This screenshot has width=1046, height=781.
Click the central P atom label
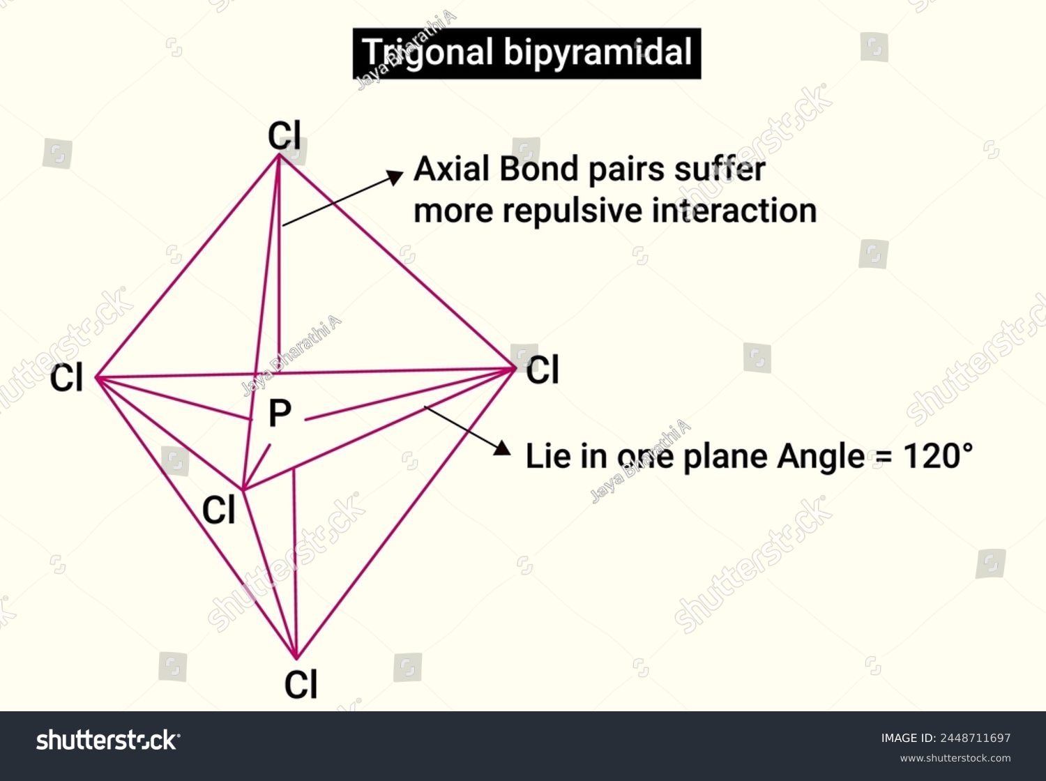coord(280,413)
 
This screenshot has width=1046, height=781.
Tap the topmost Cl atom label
coord(285,136)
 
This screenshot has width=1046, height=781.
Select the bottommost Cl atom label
coord(301,685)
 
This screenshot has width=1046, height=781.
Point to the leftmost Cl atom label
coord(66,377)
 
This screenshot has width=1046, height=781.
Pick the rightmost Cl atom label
coord(543,370)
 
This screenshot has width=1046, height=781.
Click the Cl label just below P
coord(219,510)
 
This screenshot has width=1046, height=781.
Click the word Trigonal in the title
coord(427,54)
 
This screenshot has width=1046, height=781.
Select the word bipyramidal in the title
coord(598,54)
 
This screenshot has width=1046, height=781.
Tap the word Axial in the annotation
coord(451,169)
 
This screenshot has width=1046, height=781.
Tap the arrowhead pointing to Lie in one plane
coord(502,448)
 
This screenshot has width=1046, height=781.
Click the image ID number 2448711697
coord(975,738)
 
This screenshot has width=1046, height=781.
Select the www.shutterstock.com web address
coord(955,758)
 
